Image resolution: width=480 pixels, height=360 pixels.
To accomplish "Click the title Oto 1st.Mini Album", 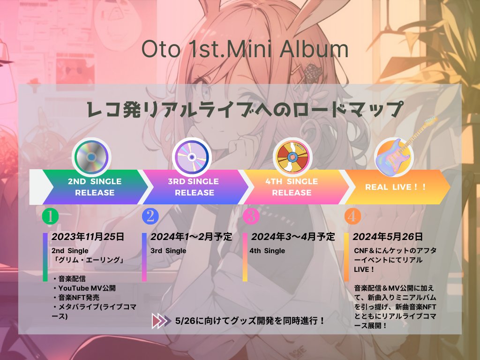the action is [245, 49].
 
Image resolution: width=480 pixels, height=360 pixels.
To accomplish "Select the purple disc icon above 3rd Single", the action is [192, 157].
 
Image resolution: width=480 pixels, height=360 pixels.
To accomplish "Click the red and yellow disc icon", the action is [292, 157].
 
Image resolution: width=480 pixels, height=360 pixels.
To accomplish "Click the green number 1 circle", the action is [50, 216].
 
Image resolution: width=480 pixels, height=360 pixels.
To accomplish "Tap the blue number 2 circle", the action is [150, 216].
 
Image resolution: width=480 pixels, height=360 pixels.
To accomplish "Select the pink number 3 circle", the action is [251, 216].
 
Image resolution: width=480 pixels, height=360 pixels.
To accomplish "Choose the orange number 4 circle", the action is [352, 216].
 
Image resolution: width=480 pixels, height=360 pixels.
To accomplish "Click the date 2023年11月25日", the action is [88, 237].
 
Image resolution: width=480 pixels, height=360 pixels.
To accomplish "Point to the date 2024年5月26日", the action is [388, 237].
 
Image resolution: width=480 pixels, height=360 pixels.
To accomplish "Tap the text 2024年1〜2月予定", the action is [191, 237].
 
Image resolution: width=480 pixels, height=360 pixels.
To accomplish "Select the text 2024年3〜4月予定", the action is [293, 237].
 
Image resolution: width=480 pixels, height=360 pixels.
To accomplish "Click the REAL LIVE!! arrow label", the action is [395, 187].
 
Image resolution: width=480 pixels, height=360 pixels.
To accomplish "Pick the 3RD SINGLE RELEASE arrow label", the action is [194, 187].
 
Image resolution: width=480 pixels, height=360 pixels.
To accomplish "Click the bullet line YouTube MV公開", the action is [84, 288].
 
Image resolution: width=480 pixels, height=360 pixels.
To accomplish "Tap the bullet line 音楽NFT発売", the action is [75, 297].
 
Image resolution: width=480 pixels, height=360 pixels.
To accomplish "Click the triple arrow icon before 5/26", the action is [161, 321].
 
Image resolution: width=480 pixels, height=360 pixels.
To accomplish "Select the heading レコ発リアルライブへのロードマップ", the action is [244, 109].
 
